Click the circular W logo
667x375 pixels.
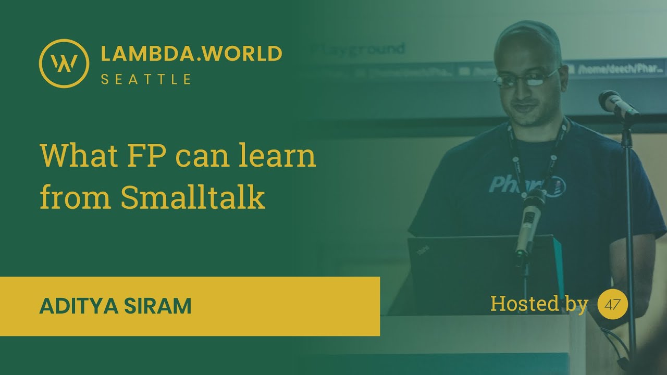[x=64, y=63]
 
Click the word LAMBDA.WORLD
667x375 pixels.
[x=191, y=54]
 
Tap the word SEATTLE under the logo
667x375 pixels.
[x=146, y=80]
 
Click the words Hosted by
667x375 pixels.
[x=539, y=304]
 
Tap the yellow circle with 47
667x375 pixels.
[x=613, y=305]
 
